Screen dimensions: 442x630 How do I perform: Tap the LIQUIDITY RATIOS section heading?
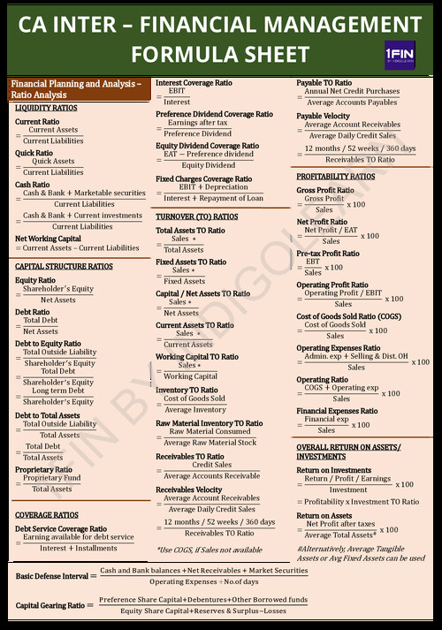[46, 108]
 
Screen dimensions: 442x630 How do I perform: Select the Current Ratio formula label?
[37, 121]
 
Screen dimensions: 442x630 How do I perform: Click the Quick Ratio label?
[34, 153]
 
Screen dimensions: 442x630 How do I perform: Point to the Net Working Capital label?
[48, 238]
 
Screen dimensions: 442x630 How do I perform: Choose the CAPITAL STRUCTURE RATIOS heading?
[64, 266]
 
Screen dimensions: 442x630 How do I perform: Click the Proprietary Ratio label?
[43, 470]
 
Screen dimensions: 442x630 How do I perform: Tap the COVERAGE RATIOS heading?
[47, 514]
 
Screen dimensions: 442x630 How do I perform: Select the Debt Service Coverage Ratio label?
[61, 528]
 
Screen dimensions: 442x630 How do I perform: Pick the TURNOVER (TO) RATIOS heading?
[196, 216]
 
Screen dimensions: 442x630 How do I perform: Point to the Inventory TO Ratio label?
[187, 390]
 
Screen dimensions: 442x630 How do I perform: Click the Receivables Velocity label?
[189, 490]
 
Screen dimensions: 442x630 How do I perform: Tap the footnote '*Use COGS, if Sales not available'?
[209, 550]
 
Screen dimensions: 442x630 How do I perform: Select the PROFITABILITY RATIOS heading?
[336, 177]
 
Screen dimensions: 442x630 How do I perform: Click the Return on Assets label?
[324, 515]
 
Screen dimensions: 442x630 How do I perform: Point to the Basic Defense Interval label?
[52, 576]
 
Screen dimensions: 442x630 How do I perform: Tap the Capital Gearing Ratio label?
[50, 605]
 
